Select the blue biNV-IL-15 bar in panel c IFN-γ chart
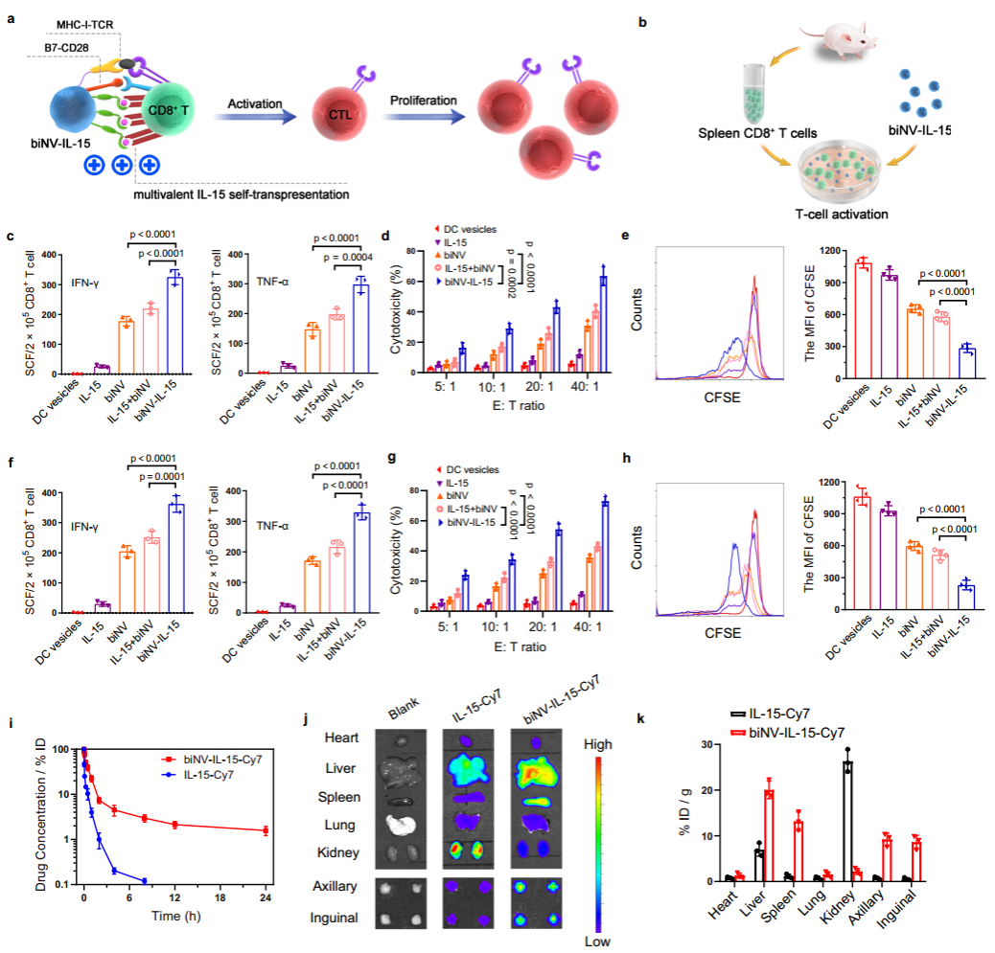(x=174, y=325)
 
